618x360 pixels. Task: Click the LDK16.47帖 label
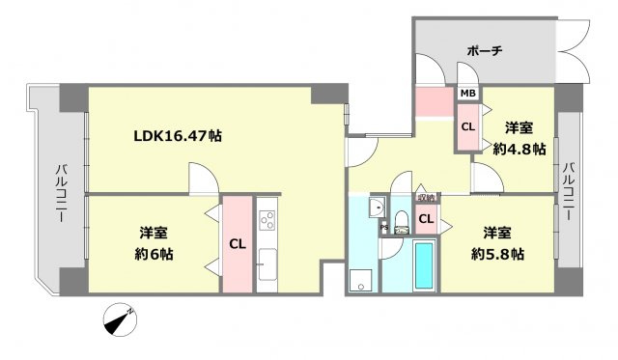(x=178, y=136)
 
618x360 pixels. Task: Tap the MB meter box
(x=467, y=94)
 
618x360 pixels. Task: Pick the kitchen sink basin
(x=267, y=260)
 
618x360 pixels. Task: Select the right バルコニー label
(x=569, y=186)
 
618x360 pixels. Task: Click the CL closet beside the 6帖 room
(x=237, y=244)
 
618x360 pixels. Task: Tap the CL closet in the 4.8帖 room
(x=467, y=126)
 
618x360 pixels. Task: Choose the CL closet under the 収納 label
(x=426, y=221)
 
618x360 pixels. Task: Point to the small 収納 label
(x=426, y=199)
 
